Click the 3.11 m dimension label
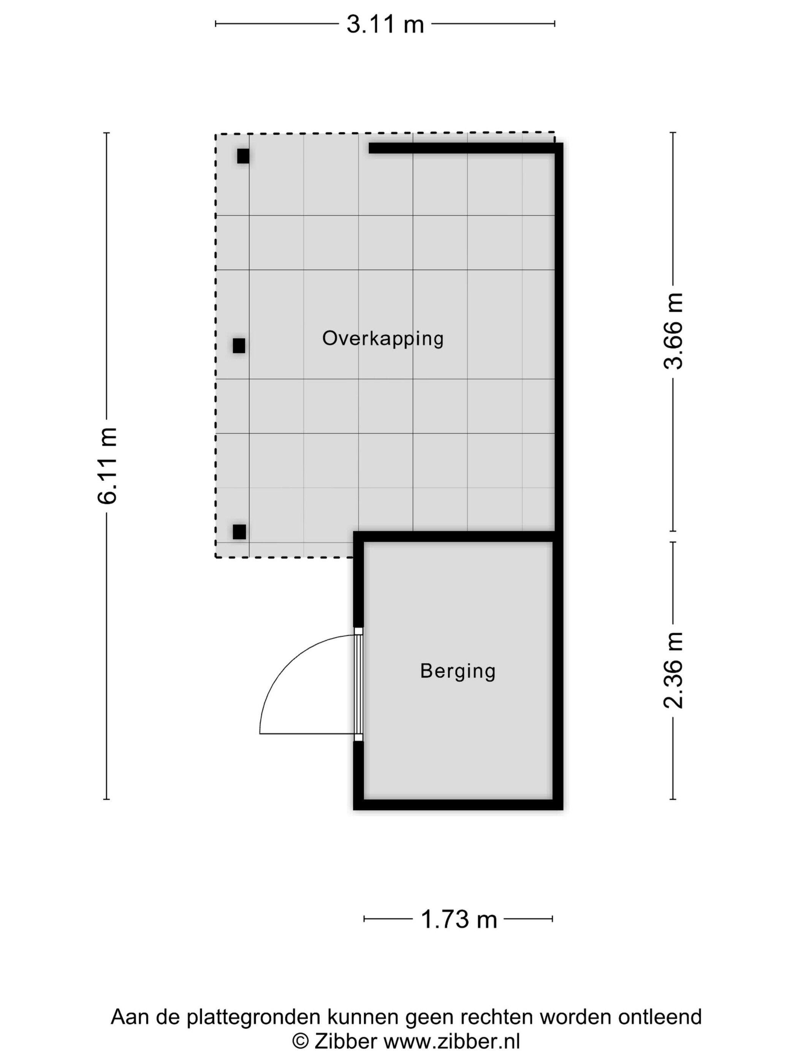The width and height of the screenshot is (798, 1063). pos(385,24)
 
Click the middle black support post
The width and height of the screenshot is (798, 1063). pos(239,345)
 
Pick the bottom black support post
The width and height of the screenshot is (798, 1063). pos(239,532)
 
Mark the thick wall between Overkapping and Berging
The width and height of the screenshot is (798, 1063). pos(458,536)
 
